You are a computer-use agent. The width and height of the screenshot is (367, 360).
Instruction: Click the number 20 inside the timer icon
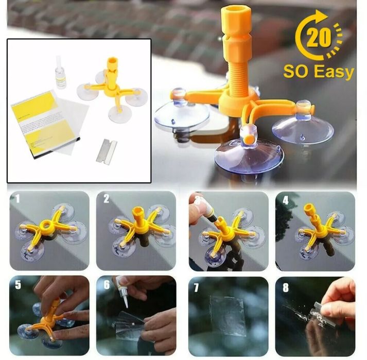click(319, 38)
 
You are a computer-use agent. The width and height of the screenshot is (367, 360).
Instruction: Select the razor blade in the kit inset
click(107, 150)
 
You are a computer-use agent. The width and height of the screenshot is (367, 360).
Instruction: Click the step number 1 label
click(18, 198)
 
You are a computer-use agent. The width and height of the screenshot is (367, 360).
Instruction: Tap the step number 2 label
click(106, 198)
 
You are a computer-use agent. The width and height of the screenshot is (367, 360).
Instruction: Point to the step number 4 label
click(286, 200)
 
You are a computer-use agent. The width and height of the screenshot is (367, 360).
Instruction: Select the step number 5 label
click(18, 285)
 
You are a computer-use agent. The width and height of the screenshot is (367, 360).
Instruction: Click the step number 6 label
click(107, 285)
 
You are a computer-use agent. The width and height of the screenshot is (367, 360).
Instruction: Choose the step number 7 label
click(196, 288)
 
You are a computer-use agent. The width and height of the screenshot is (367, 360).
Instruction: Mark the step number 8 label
click(286, 288)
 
